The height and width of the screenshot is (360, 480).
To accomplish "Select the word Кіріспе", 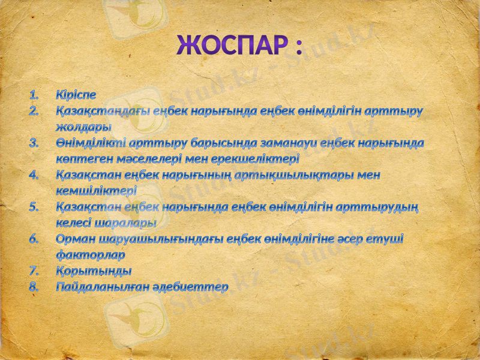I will (76, 95).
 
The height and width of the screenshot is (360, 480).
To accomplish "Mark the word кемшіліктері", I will (95, 191).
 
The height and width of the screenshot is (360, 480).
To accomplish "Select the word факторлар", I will (90, 255).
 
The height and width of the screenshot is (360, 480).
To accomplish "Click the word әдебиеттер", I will (194, 287).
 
